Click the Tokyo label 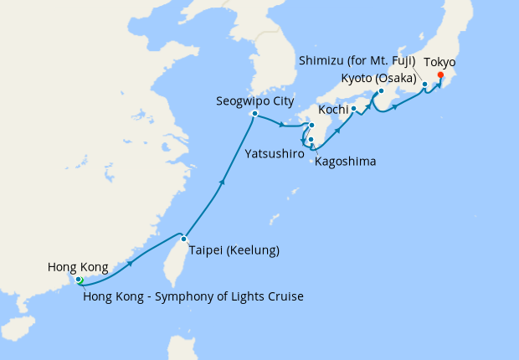tap(440, 63)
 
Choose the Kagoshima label tap(345, 161)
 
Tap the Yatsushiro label tap(275, 154)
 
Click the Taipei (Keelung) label tap(234, 250)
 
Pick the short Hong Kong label tap(78, 267)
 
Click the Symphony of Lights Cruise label tap(193, 296)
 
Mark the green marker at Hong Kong tap(80, 280)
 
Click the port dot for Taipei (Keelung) tap(183, 239)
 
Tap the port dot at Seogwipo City tap(254, 114)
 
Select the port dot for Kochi tap(354, 108)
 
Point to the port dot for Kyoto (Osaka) tap(380, 91)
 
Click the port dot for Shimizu tap(424, 85)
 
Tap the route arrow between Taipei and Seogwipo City tap(222, 181)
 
